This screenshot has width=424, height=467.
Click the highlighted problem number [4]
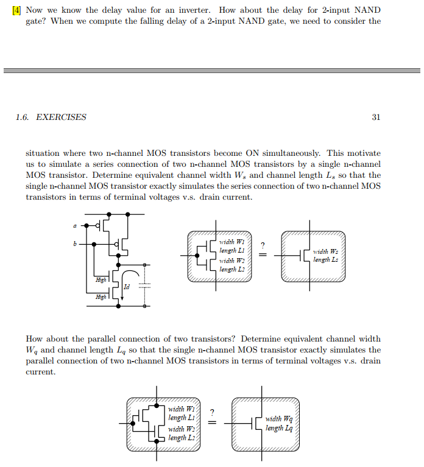[17, 10]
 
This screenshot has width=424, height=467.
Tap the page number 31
[375, 118]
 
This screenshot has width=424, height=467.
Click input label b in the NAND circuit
[75, 244]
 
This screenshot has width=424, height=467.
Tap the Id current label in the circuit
[126, 286]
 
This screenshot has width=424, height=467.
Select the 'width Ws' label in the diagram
[322, 251]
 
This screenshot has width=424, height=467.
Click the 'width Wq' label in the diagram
[278, 419]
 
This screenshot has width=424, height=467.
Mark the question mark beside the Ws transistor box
[263, 245]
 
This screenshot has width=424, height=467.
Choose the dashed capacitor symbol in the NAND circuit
[145, 286]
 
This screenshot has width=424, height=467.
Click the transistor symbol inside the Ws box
[303, 256]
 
